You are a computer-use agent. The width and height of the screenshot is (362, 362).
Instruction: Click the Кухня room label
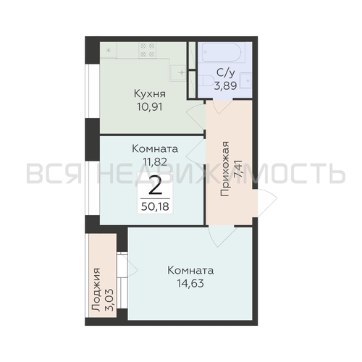pos(151,93)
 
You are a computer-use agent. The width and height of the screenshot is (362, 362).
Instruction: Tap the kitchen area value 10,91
pos(151,106)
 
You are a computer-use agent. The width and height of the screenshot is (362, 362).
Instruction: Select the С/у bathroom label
pos(224,73)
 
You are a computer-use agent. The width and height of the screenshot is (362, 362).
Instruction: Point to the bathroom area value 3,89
pos(224,85)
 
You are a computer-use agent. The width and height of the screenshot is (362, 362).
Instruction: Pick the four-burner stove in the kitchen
pos(148,50)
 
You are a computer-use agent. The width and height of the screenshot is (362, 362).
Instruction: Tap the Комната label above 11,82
pos(155,148)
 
